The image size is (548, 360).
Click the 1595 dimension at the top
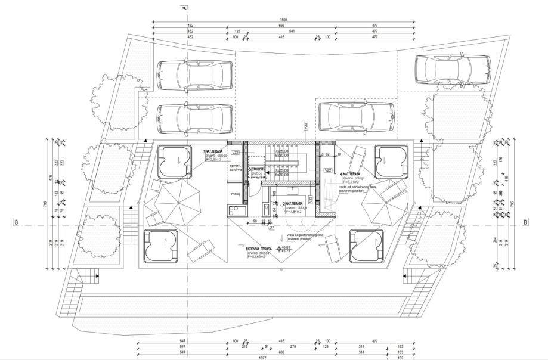coord(284,20)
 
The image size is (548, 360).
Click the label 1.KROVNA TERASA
coord(258,249)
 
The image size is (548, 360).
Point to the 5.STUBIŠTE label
coord(257,169)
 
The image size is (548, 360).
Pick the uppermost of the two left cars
coord(194,74)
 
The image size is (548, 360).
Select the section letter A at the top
coord(184,7)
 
